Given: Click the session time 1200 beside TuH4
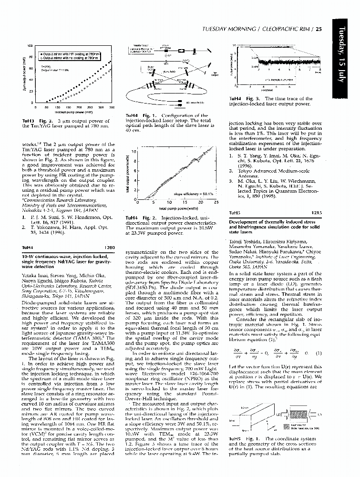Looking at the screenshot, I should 110,248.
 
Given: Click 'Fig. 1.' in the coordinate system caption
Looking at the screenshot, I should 252,438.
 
